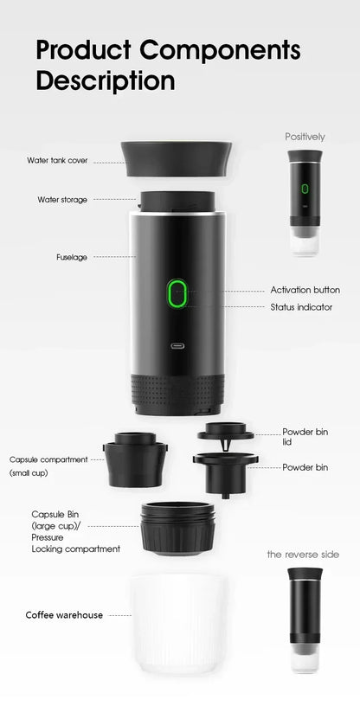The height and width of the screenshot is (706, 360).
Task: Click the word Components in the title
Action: coord(221,50)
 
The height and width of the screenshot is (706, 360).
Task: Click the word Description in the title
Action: coord(105,81)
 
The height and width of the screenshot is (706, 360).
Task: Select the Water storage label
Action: coord(62,199)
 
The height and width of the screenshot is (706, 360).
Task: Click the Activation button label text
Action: coord(305,290)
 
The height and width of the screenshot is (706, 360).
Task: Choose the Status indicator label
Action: coord(301,307)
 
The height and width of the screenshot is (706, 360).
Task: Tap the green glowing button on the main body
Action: coord(178,293)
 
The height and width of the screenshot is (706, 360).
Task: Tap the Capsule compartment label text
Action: coord(48,459)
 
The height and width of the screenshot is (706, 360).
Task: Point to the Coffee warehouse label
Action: coord(64,615)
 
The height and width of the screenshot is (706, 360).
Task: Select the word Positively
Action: coord(305,137)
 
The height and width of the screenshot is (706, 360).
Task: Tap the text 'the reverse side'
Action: coord(303,554)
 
